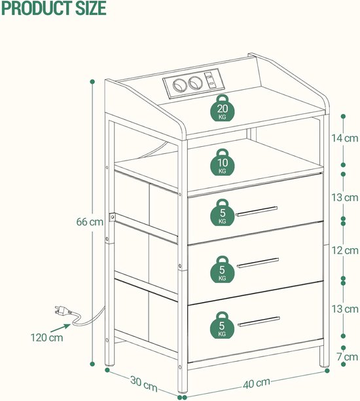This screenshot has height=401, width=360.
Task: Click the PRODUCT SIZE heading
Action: [54, 8]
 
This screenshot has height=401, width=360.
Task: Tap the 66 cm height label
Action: [90, 221]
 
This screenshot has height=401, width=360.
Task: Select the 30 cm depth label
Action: [143, 383]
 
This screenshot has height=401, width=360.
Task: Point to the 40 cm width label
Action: [257, 383]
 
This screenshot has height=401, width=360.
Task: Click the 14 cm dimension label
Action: [345, 138]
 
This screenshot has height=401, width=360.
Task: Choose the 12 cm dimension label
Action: [345, 250]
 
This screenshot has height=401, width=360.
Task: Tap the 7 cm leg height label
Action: [347, 356]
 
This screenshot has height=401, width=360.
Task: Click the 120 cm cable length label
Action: [46, 337]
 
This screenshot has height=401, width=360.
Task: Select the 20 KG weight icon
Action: [223, 108]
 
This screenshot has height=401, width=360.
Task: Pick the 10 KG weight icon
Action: [223, 162]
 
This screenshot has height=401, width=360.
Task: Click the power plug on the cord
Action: [62, 311]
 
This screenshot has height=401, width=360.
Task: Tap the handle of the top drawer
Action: [257, 211]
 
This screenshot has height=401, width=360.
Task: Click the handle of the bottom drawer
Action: [259, 322]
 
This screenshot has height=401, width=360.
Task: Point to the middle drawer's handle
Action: [258, 263]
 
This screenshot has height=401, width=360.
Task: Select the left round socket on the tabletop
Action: [179, 85]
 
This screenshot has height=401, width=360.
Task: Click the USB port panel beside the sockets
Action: [211, 80]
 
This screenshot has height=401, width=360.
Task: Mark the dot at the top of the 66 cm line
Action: [92, 82]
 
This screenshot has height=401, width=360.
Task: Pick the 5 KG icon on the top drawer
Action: [223, 212]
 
